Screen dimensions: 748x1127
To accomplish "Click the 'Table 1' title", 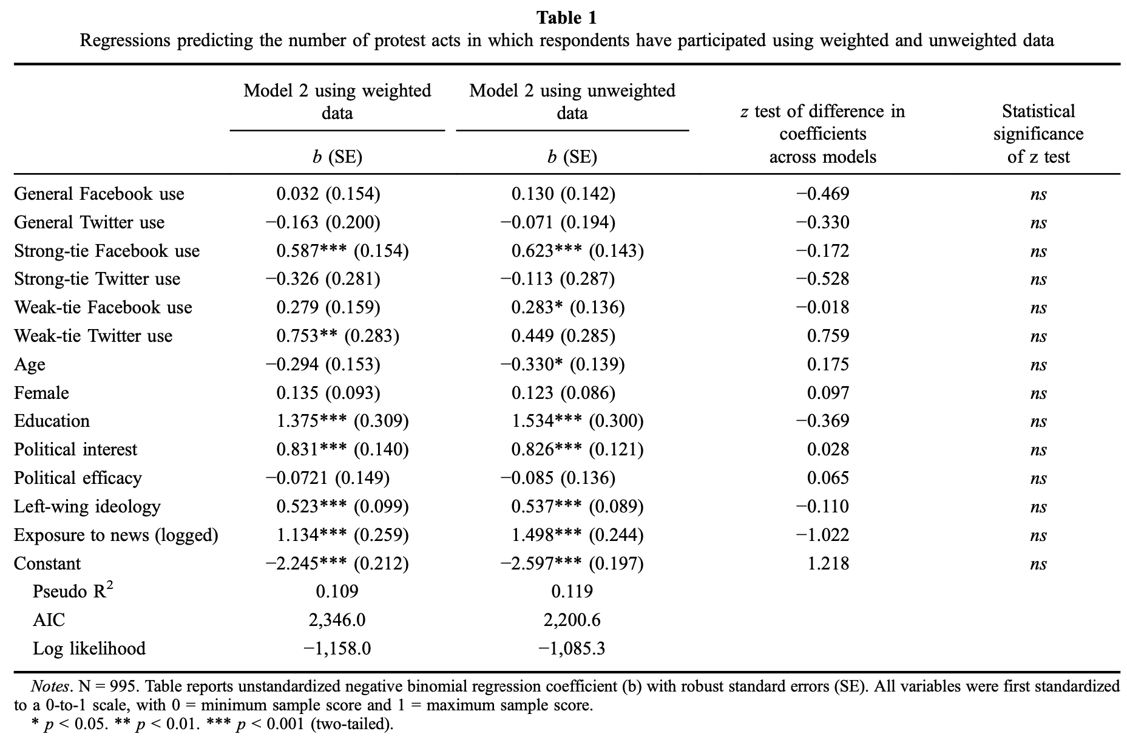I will click(x=566, y=18).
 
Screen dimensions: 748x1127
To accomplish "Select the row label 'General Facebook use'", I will click(x=99, y=194).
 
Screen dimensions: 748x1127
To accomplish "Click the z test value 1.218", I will click(x=828, y=563).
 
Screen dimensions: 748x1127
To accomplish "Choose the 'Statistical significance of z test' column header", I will click(x=1038, y=134).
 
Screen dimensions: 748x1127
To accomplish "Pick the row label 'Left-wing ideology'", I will click(x=87, y=506).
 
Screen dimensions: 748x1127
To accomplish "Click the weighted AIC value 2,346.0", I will click(x=337, y=620).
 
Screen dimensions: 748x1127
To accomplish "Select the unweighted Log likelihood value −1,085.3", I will click(x=572, y=648).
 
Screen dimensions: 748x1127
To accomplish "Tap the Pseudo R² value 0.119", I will click(x=572, y=591).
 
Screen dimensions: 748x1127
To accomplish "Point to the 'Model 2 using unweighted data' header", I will click(x=572, y=101).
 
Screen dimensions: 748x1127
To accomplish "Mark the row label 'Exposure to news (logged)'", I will click(x=116, y=535).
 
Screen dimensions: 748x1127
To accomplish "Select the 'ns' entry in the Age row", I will click(x=1038, y=365).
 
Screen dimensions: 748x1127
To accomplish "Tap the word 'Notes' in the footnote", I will click(x=50, y=687).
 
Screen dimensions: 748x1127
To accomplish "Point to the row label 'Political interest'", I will click(x=76, y=449).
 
